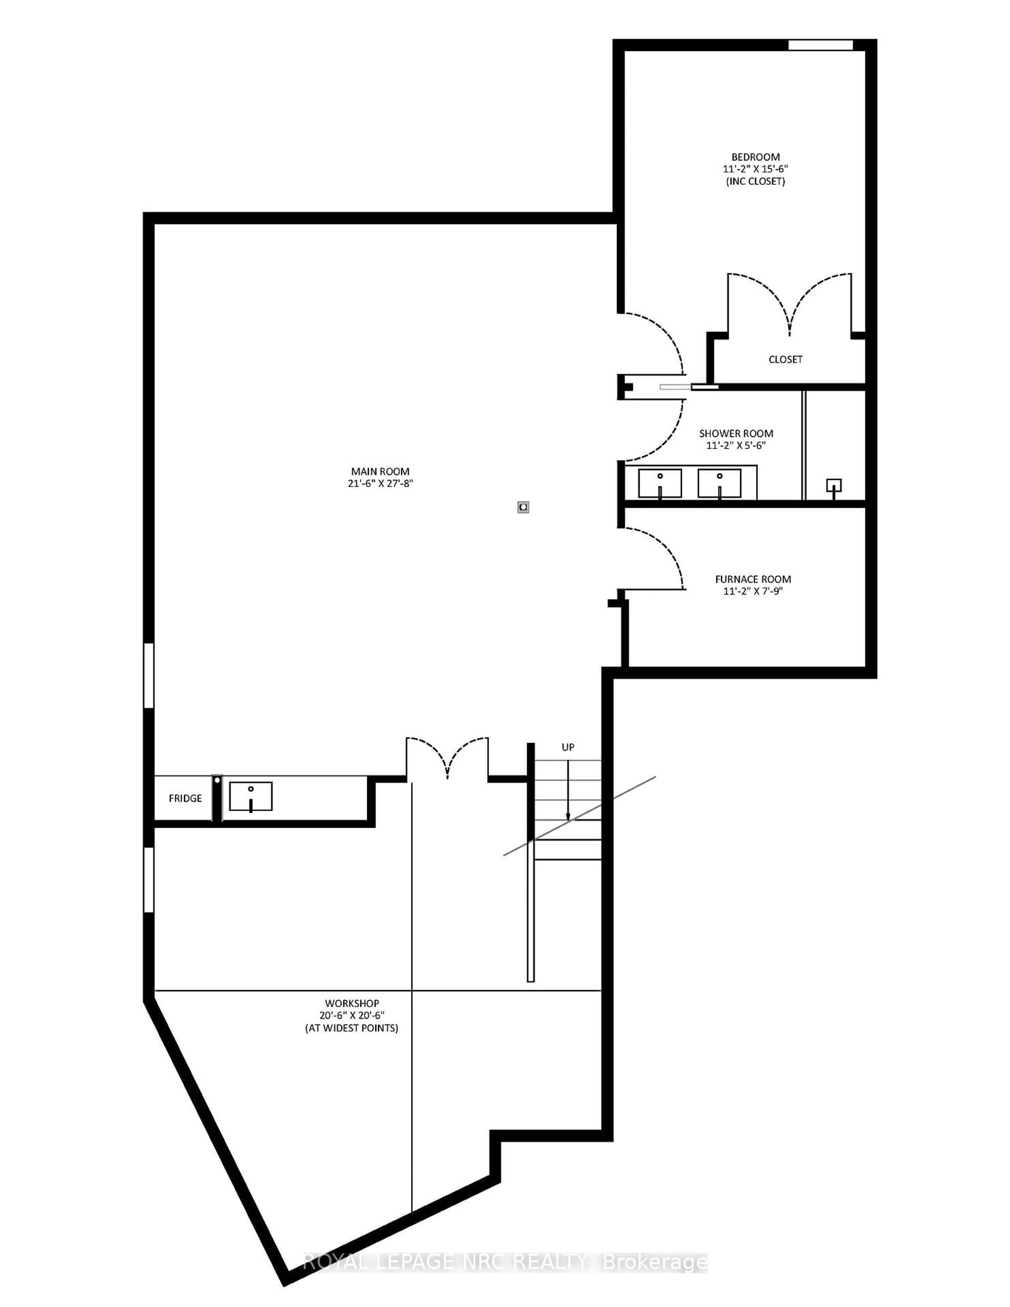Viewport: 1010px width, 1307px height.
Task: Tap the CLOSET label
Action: pyautogui.click(x=785, y=359)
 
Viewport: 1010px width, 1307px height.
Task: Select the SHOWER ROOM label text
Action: pyautogui.click(x=736, y=433)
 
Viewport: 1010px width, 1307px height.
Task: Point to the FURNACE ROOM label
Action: pyautogui.click(x=753, y=579)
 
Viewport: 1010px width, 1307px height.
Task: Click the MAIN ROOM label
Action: pyautogui.click(x=381, y=471)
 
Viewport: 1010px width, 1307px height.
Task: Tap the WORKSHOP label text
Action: pyautogui.click(x=352, y=1003)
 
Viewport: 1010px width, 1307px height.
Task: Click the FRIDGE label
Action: pyautogui.click(x=185, y=798)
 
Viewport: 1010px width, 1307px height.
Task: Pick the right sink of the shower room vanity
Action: pyautogui.click(x=719, y=483)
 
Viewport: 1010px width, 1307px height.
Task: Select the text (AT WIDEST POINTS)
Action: pyautogui.click(x=352, y=1028)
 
